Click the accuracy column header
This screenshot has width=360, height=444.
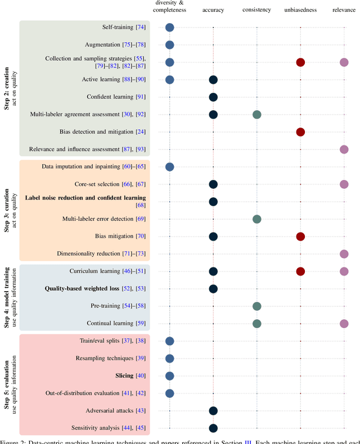(x=213, y=10)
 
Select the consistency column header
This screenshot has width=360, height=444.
(x=256, y=10)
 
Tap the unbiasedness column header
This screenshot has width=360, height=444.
(x=300, y=10)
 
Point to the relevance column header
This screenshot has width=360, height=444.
(x=344, y=10)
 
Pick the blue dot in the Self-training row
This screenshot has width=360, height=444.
(x=169, y=27)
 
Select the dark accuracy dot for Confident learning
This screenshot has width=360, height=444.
(x=213, y=97)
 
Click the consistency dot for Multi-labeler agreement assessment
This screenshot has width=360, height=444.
(x=256, y=115)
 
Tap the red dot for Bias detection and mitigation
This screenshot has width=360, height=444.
(x=300, y=132)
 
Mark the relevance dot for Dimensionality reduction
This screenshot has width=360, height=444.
(x=344, y=254)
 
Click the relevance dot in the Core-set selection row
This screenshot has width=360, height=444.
(x=344, y=184)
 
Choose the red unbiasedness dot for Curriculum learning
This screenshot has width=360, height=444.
(x=300, y=271)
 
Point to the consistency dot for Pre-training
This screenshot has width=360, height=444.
(x=256, y=306)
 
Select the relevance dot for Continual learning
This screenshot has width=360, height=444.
(x=344, y=324)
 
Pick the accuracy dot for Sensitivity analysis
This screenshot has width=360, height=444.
(x=213, y=428)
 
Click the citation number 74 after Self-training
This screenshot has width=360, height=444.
(x=141, y=27)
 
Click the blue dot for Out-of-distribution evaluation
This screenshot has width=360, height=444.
(x=169, y=393)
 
